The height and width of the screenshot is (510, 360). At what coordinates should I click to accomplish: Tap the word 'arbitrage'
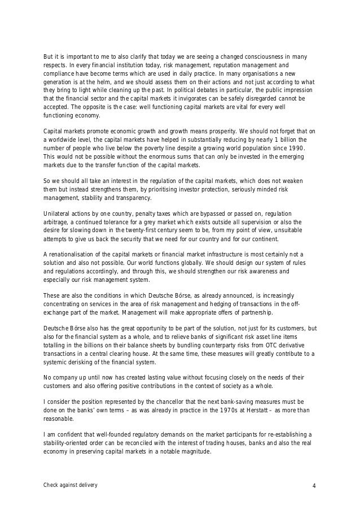point(58,223)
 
